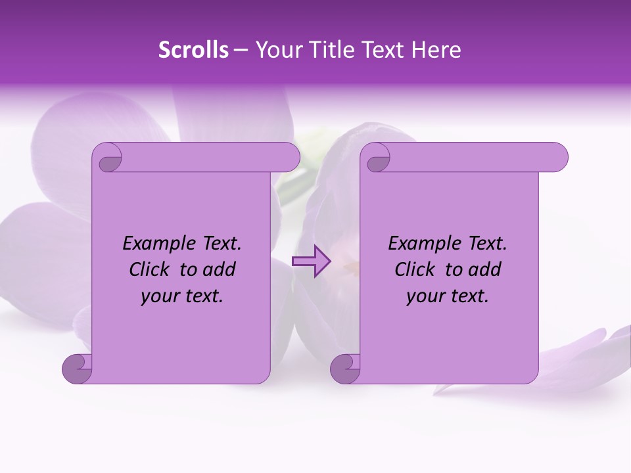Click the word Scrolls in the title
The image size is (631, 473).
pyautogui.click(x=193, y=50)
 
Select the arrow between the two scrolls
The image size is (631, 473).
pyautogui.click(x=311, y=261)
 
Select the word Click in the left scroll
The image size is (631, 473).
pyautogui.click(x=151, y=269)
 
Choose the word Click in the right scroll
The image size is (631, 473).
pyautogui.click(x=416, y=269)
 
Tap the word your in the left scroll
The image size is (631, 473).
pyautogui.click(x=159, y=296)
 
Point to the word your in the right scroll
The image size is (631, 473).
pyautogui.click(x=425, y=296)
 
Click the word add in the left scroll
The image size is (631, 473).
pyautogui.click(x=218, y=269)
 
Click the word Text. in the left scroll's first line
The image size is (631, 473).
pyautogui.click(x=219, y=244)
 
